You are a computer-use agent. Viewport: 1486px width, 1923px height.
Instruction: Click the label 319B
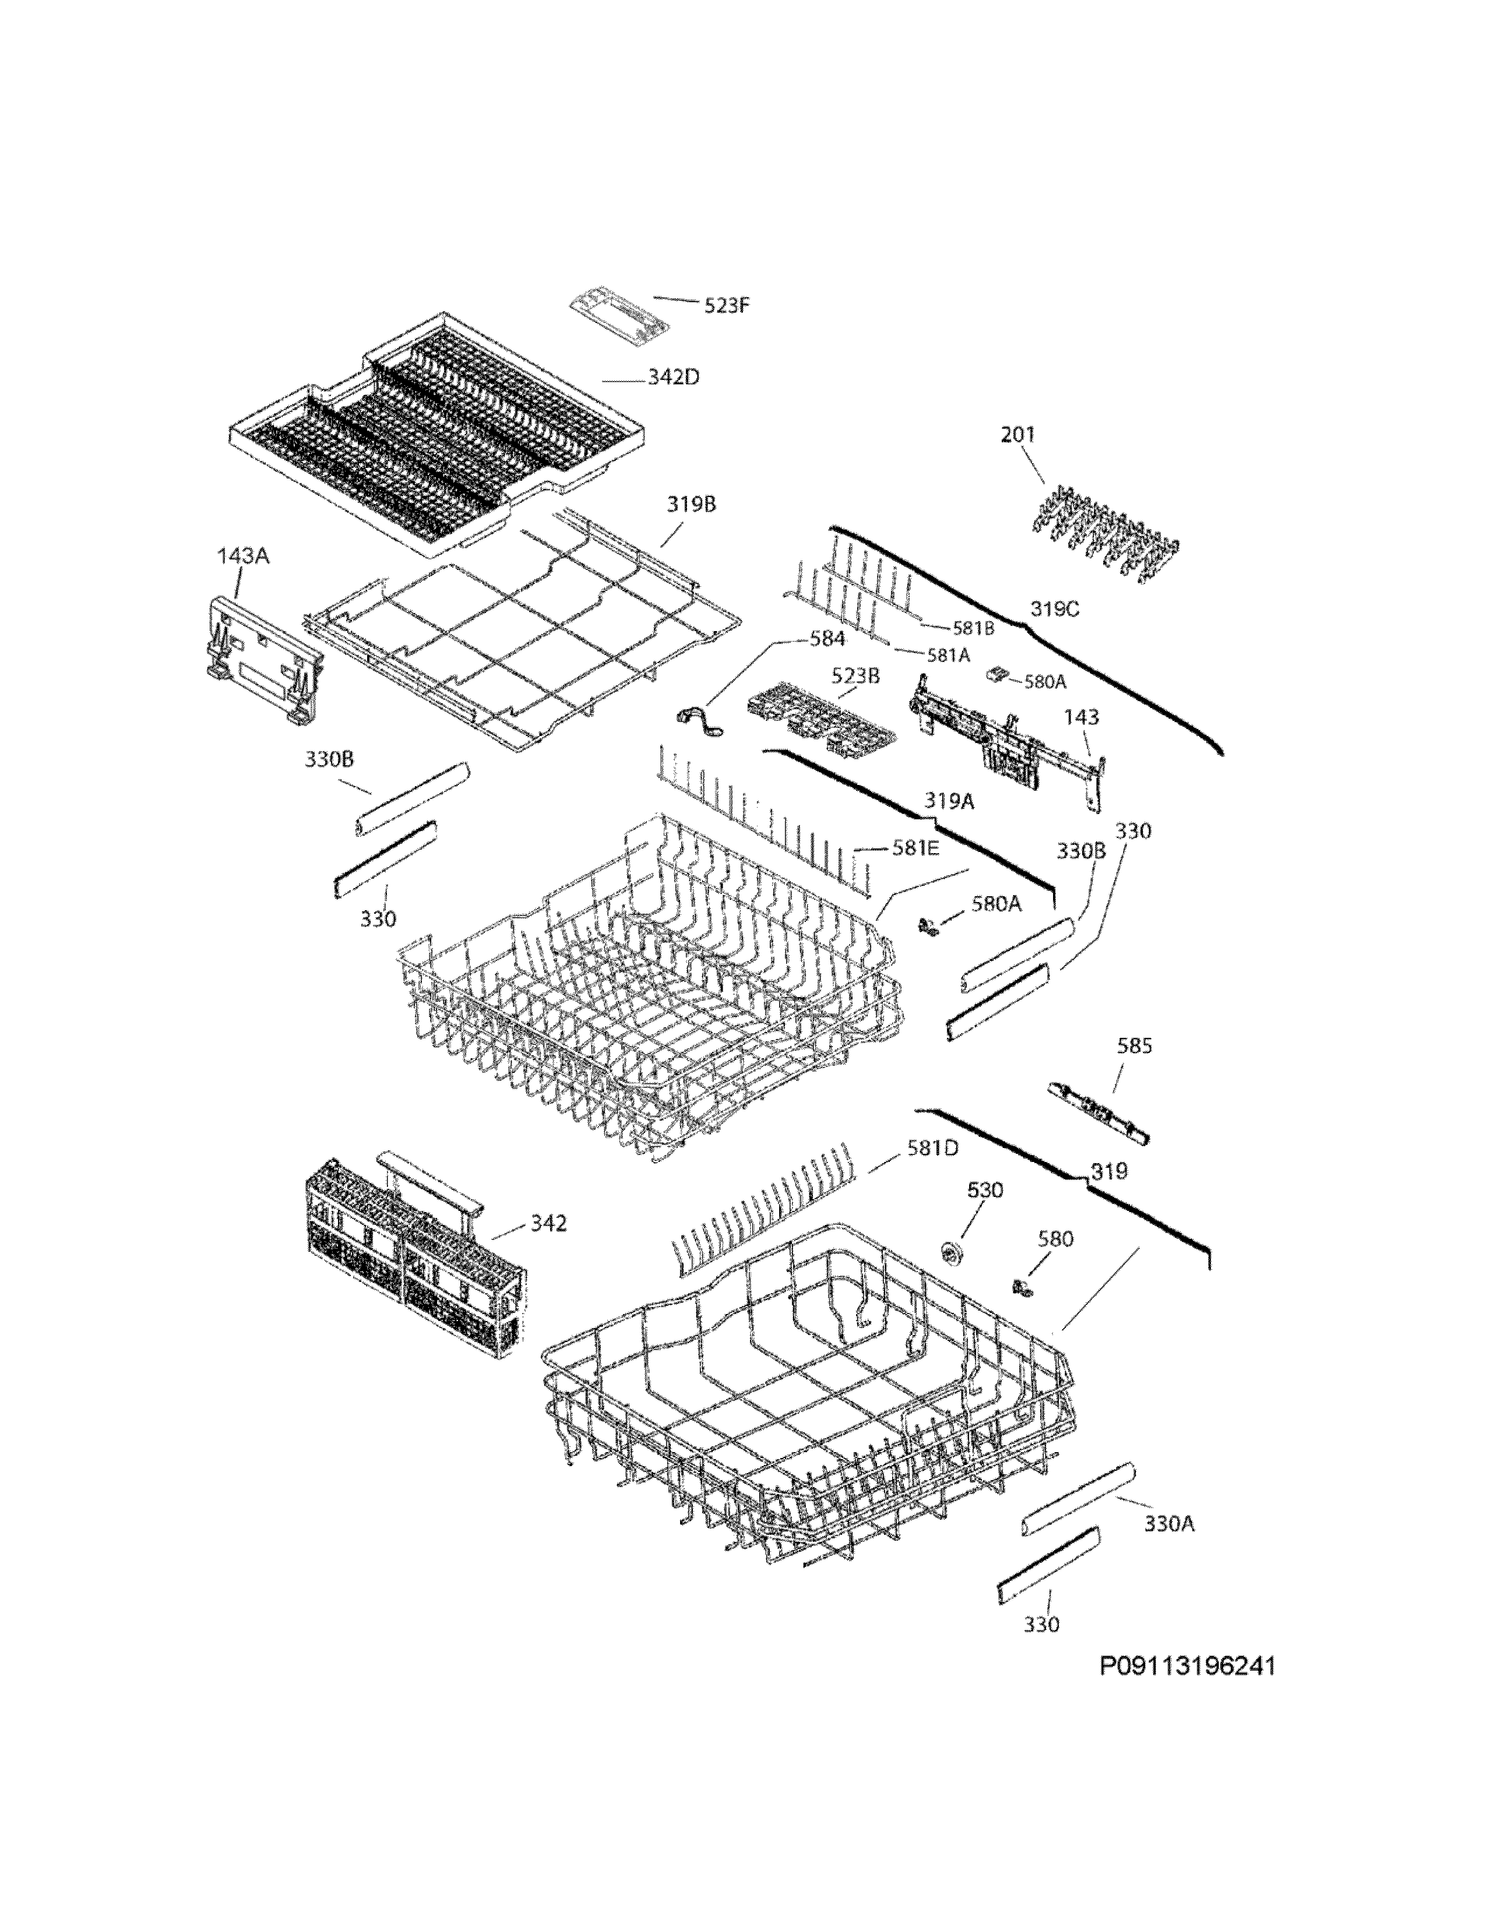[x=691, y=505]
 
